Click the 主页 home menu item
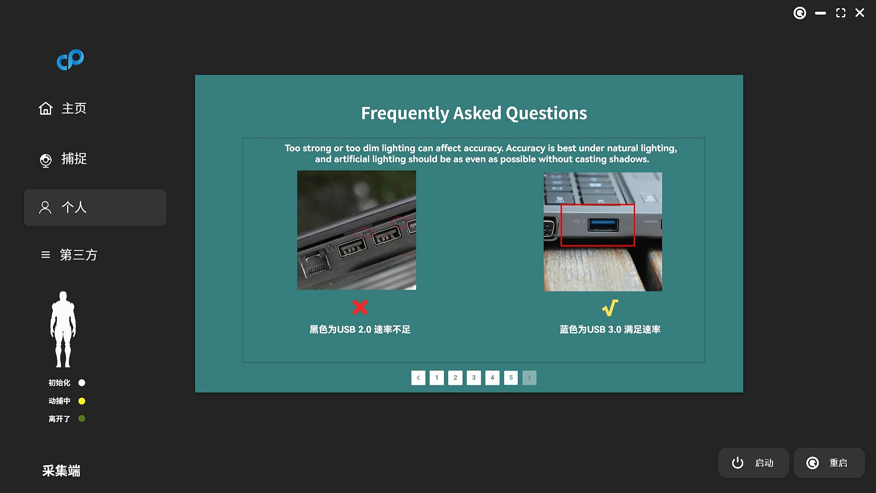click(63, 109)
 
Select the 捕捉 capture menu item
click(63, 159)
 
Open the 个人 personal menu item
click(95, 208)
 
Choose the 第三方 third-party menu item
click(68, 255)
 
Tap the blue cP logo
click(70, 60)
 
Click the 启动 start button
click(753, 463)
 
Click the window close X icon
click(860, 13)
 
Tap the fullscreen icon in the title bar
click(840, 13)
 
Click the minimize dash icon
click(820, 13)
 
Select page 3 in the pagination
click(474, 378)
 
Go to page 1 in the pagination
click(437, 378)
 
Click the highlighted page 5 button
click(511, 378)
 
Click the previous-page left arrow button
click(418, 378)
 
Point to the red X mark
click(360, 307)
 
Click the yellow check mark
click(610, 308)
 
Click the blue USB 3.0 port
click(603, 225)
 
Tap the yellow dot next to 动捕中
click(82, 401)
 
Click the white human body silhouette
click(63, 329)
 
